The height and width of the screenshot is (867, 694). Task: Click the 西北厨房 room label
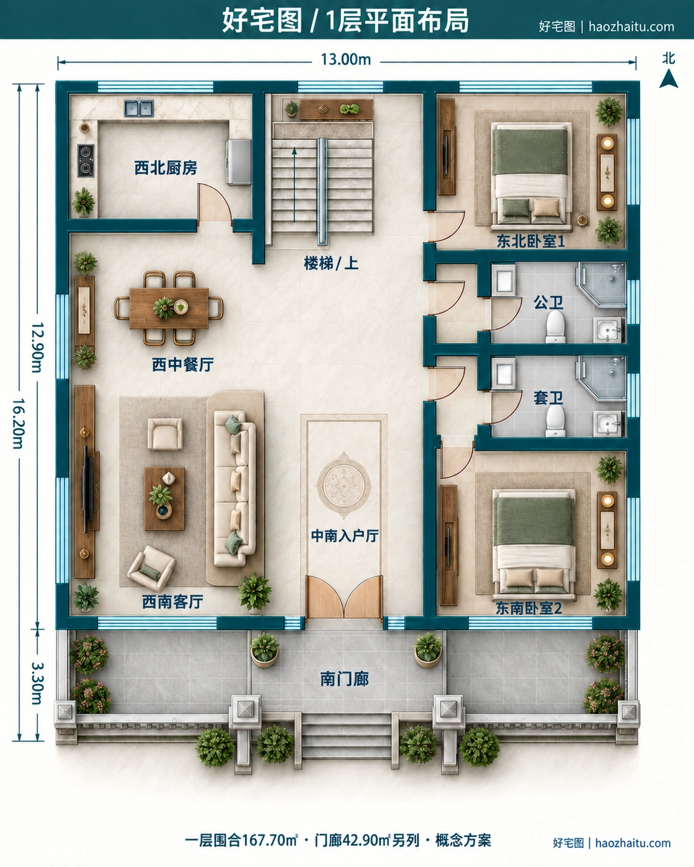coord(166,168)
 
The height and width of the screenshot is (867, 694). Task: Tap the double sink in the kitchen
coord(139,108)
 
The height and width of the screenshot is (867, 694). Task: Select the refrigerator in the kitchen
coord(239,162)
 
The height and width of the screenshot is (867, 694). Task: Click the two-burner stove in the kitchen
coord(86,160)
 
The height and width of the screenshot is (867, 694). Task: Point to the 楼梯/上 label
coord(331,263)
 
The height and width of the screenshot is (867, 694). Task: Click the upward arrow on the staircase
coord(294,185)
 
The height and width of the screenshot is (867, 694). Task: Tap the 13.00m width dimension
coord(346,59)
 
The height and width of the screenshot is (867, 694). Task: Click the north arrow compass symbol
coord(669,78)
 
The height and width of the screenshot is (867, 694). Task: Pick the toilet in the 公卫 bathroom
coord(556,326)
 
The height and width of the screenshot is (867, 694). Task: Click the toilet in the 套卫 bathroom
coord(556,421)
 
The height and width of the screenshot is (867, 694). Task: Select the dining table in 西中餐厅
coord(169,308)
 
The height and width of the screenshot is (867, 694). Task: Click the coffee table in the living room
coord(165,499)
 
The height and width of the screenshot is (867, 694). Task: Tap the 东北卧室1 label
coord(530,241)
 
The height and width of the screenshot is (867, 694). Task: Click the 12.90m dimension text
coord(36,348)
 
